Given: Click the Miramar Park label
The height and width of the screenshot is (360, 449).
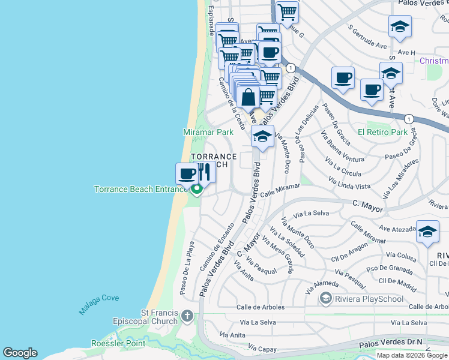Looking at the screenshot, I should click(x=208, y=132).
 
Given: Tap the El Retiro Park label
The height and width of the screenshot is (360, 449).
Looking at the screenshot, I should click(x=382, y=132).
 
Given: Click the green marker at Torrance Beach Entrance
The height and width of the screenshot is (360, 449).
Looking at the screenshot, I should click(x=196, y=190).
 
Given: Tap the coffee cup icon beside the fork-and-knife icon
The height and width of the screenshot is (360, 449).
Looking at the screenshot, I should click(x=186, y=173).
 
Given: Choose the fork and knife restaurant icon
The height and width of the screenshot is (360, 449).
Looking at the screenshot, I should click(x=205, y=172).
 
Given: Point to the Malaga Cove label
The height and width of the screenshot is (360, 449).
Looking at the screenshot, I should click(x=99, y=304).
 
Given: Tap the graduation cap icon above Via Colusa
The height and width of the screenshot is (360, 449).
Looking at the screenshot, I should click(x=427, y=232).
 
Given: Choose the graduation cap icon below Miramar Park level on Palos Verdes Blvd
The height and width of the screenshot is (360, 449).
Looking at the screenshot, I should click(x=262, y=136).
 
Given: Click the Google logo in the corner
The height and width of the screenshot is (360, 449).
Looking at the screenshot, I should click(x=20, y=353).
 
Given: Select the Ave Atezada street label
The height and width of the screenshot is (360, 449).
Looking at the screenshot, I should click(x=397, y=229).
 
